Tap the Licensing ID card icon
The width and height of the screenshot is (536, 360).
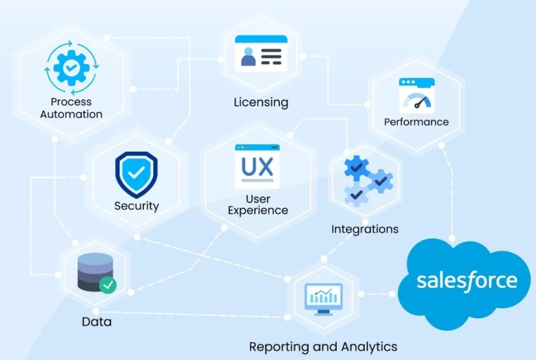pos(261,53)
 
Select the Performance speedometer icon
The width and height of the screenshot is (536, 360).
pos(417,95)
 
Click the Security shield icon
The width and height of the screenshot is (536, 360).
pos(136,174)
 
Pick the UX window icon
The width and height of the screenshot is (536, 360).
pos(257,166)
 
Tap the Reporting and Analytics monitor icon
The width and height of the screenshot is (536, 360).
pos(324,299)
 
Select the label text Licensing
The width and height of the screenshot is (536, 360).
pos(261,102)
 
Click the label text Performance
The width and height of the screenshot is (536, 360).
pos(417,122)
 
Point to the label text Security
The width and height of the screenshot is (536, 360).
pos(137,206)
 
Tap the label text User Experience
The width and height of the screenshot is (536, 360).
pos(258,205)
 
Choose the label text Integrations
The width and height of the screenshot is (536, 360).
pos(365,229)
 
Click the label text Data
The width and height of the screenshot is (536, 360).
pos(96,321)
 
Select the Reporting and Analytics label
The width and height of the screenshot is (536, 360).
pos(323,346)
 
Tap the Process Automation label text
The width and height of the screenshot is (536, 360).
pos(71,108)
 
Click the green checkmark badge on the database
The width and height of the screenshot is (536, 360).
pos(107,285)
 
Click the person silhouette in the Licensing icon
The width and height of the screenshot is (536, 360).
pos(248,57)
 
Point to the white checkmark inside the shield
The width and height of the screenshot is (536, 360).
pos(136,174)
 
